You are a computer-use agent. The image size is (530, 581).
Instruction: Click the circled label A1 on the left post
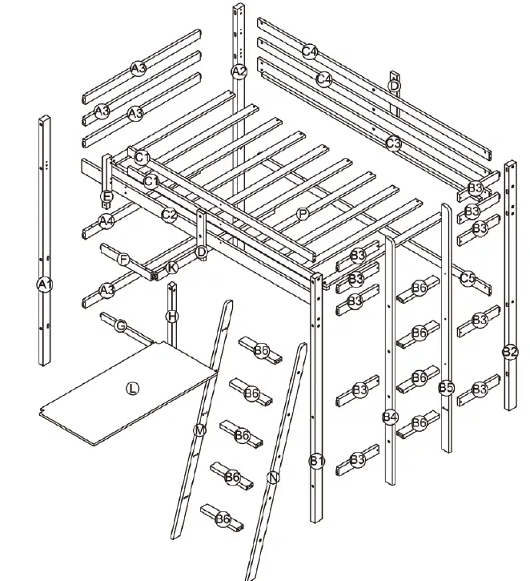44,284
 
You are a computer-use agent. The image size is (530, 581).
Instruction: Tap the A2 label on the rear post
239,71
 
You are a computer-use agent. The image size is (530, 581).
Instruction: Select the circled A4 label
106,220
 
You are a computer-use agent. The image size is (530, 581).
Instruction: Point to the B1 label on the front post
317,460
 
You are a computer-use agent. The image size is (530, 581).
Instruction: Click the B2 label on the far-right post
509,351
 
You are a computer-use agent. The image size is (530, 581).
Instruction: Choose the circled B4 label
390,417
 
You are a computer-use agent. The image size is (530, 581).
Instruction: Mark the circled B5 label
446,388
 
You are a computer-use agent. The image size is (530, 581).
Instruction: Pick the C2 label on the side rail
168,215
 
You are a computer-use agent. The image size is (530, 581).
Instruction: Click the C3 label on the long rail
393,143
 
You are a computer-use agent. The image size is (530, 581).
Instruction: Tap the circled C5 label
468,278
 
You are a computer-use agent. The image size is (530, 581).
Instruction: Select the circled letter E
106,196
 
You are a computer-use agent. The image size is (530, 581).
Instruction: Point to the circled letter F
123,260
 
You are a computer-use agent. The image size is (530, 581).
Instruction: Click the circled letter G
121,325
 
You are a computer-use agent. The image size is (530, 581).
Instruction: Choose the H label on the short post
171,316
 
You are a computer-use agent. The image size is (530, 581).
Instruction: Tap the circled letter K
172,268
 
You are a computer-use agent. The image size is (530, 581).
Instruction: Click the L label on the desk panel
132,389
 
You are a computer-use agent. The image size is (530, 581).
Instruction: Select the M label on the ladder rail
199,430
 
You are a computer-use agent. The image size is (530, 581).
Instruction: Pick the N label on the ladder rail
274,478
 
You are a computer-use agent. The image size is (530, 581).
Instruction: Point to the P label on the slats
302,213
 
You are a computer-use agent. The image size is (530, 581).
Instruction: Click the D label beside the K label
201,252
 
